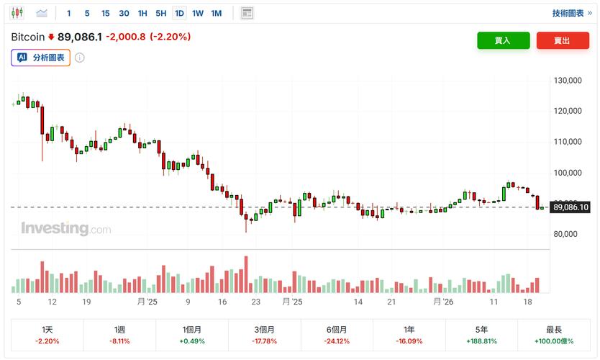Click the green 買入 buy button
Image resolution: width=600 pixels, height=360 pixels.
503,41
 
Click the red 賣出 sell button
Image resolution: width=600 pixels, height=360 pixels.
562,41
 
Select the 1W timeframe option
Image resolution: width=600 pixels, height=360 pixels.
198,13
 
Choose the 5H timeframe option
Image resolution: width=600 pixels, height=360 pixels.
160,13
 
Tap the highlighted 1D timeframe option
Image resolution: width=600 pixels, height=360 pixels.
179,13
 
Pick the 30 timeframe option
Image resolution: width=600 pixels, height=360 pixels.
124,13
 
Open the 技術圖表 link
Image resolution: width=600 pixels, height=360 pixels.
573,13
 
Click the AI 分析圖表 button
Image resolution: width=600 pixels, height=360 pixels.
41,58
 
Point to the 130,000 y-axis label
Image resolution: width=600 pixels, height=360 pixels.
568,81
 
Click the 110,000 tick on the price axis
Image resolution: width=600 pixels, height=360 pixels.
568,142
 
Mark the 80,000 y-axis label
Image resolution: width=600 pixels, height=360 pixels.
568,234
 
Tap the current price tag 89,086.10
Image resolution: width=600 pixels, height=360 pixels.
571,207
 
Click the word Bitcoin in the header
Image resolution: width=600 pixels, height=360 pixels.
27,36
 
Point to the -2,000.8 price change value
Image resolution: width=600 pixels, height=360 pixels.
126,36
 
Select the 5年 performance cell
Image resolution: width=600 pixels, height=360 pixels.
481,335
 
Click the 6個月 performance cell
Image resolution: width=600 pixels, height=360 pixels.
337,335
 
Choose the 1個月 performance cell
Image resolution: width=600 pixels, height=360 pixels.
192,335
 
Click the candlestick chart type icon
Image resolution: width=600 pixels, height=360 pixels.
18,13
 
